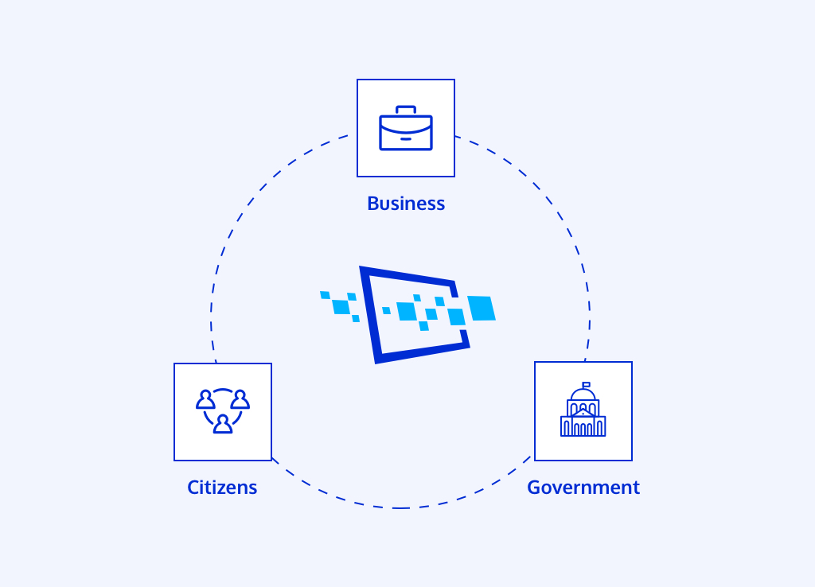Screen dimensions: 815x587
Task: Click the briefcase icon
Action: pyautogui.click(x=406, y=128)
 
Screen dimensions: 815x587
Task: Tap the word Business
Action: pyautogui.click(x=406, y=204)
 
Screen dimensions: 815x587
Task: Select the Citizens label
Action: pyautogui.click(x=222, y=488)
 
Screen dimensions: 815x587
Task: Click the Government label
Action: pyautogui.click(x=583, y=488)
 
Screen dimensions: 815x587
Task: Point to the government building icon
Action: pyautogui.click(x=583, y=410)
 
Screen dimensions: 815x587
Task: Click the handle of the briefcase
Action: pyautogui.click(x=406, y=110)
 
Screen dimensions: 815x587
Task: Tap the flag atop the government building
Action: pyautogui.click(x=586, y=385)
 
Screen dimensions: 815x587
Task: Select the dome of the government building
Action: pyautogui.click(x=583, y=395)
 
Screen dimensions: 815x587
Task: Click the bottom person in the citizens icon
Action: pyautogui.click(x=223, y=424)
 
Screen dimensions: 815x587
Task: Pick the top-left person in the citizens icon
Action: pyautogui.click(x=206, y=399)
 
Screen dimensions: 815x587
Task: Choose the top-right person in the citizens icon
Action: pyautogui.click(x=240, y=399)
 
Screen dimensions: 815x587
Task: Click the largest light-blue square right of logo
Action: pyautogui.click(x=482, y=308)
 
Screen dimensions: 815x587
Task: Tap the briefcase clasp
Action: pyautogui.click(x=406, y=138)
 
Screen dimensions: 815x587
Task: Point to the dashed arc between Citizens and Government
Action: pyautogui.click(x=400, y=507)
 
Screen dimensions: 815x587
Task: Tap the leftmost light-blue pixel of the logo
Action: pyautogui.click(x=325, y=295)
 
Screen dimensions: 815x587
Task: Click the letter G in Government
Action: pyautogui.click(x=535, y=488)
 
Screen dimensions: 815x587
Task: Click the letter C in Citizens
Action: pyautogui.click(x=193, y=488)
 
